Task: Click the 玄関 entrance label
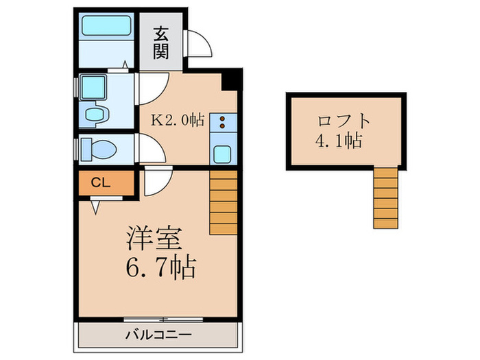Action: click(161, 43)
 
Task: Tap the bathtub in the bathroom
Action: click(106, 26)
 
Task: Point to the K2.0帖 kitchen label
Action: click(178, 120)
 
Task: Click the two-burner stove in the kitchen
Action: click(223, 123)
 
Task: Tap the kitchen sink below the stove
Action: click(222, 152)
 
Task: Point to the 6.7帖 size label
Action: click(160, 265)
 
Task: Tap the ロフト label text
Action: click(344, 121)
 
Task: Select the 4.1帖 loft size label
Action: click(339, 142)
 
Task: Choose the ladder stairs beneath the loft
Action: click(385, 197)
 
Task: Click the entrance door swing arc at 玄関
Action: click(199, 46)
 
